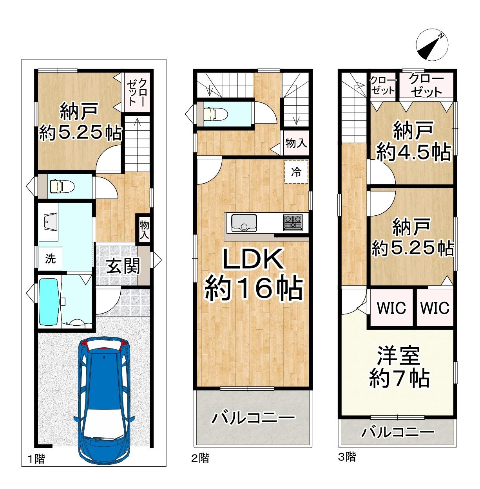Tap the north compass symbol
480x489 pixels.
[x=432, y=45]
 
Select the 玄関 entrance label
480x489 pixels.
[x=123, y=266]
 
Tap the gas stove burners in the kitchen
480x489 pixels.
[x=293, y=222]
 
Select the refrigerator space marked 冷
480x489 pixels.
[x=296, y=172]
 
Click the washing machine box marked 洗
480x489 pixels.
[x=50, y=258]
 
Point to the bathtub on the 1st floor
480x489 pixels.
[x=48, y=302]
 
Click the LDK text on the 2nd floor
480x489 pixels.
[x=253, y=259]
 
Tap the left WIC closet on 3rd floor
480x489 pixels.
[x=391, y=308]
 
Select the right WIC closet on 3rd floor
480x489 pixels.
[x=435, y=308]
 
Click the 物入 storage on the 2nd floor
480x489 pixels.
[x=296, y=143]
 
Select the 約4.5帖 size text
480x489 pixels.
[x=413, y=152]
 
